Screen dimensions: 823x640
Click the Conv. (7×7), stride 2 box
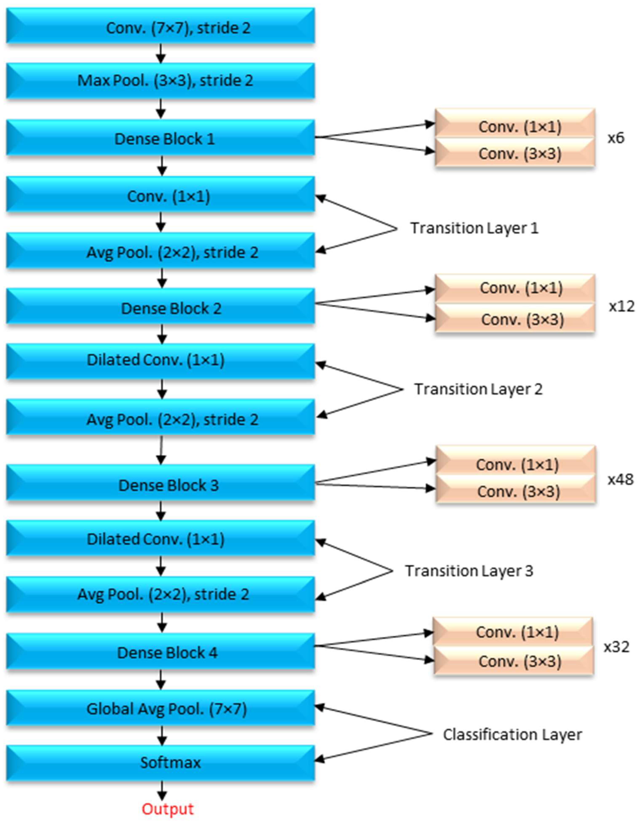click(x=160, y=26)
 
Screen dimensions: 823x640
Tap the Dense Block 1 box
click(x=160, y=138)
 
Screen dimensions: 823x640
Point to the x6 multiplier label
click(x=616, y=138)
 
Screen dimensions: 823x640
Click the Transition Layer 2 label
click(x=478, y=389)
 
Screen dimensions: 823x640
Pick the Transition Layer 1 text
click(x=474, y=228)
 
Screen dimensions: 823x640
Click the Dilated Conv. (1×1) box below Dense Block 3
click(x=160, y=539)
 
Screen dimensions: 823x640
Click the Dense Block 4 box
click(x=160, y=653)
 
